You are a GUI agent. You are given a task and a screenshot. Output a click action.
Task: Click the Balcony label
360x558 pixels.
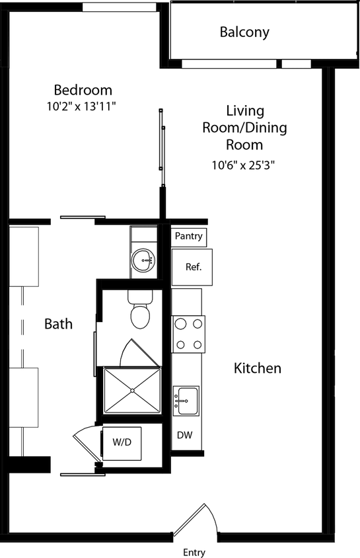pyautogui.click(x=244, y=32)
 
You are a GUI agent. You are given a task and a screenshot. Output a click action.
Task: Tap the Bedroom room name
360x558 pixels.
pyautogui.click(x=83, y=90)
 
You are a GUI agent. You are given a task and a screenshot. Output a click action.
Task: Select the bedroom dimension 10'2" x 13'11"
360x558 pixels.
pyautogui.click(x=83, y=105)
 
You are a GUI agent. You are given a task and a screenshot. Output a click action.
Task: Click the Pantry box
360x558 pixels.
pyautogui.click(x=188, y=236)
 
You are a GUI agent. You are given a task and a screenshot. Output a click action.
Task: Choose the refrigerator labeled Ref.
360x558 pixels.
pyautogui.click(x=192, y=267)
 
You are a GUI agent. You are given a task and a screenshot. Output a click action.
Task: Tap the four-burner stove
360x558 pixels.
pyautogui.click(x=188, y=334)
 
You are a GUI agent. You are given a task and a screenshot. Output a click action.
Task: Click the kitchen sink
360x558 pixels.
pyautogui.click(x=186, y=401)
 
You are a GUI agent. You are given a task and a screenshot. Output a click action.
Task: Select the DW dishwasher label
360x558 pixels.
pyautogui.click(x=184, y=435)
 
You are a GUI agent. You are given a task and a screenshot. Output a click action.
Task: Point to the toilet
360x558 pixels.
pyautogui.click(x=140, y=313)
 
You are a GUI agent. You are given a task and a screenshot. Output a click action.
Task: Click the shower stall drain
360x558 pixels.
pyautogui.click(x=132, y=391)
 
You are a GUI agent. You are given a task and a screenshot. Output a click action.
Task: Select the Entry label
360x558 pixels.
pyautogui.click(x=194, y=552)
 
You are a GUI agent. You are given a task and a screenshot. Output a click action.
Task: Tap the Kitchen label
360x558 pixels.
pyautogui.click(x=258, y=368)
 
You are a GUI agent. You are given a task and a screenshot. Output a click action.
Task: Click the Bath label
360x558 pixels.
pyautogui.click(x=58, y=324)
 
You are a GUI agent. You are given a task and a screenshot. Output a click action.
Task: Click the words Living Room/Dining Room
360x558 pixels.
pyautogui.click(x=244, y=127)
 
